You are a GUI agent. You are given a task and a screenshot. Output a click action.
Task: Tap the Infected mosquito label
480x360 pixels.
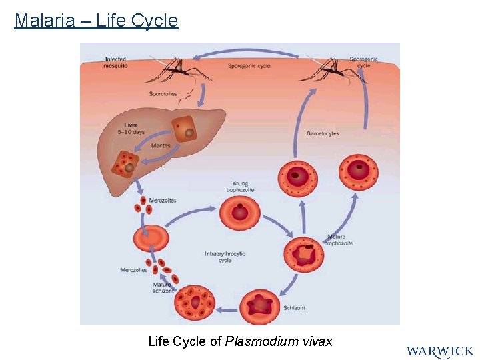(x=115, y=63)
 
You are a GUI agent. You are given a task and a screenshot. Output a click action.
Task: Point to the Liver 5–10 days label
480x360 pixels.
(x=130, y=128)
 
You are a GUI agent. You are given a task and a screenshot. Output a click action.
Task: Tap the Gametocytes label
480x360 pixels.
(x=323, y=133)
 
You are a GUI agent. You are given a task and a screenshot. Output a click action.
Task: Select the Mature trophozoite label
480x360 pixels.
(x=340, y=240)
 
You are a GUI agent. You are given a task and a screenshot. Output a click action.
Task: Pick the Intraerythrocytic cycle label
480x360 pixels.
(x=225, y=257)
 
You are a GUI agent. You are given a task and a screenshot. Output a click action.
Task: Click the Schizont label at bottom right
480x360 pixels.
(x=294, y=309)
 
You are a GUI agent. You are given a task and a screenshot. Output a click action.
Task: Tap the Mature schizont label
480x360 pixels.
(x=162, y=287)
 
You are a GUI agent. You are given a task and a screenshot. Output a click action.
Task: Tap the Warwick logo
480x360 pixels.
(x=439, y=351)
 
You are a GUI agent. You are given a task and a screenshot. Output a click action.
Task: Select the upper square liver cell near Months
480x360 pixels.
(x=183, y=129)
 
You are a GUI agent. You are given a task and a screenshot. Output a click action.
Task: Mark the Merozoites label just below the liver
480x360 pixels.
(x=163, y=200)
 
